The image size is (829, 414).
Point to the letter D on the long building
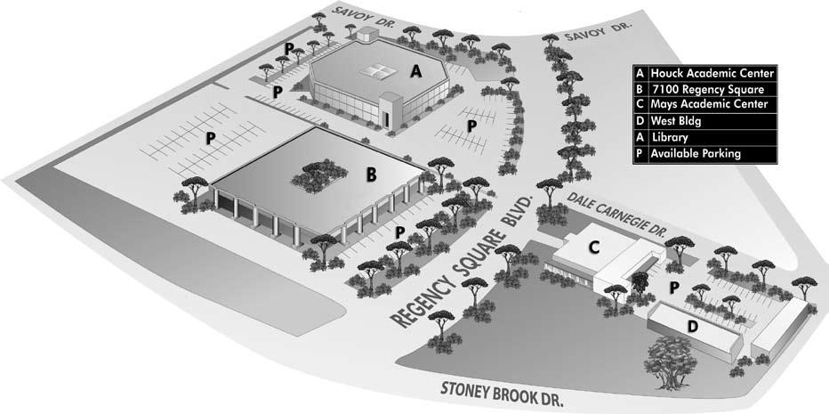coord(693,327)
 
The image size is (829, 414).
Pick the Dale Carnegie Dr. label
coord(616,215)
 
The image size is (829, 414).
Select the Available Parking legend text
coord(696,154)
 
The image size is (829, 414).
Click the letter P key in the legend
coord(640,154)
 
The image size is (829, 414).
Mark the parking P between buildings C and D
coord(674,287)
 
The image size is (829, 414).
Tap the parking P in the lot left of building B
coord(211,138)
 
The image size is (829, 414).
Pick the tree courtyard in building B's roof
coord(317,175)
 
